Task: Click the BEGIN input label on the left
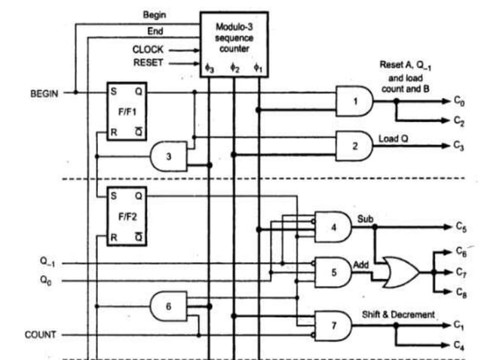click(x=44, y=94)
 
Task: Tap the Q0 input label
click(x=47, y=280)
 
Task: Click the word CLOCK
click(x=148, y=50)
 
